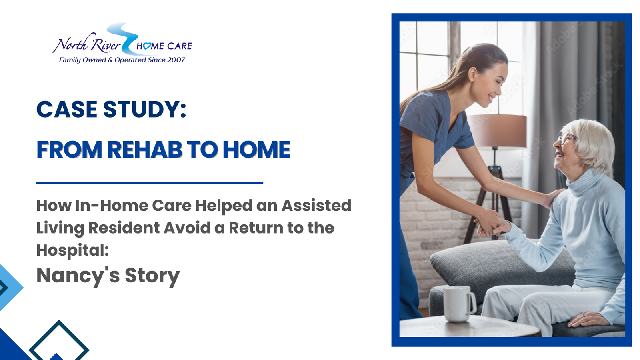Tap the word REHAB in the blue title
click(x=145, y=150)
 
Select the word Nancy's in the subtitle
click(x=78, y=276)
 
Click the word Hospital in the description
click(x=70, y=250)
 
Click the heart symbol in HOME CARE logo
click(x=147, y=46)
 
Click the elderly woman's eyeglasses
click(x=566, y=138)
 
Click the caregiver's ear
click(x=472, y=74)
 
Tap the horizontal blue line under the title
click(x=150, y=183)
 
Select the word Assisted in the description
click(x=316, y=206)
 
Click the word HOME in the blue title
click(x=256, y=150)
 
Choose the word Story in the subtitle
click(x=152, y=276)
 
